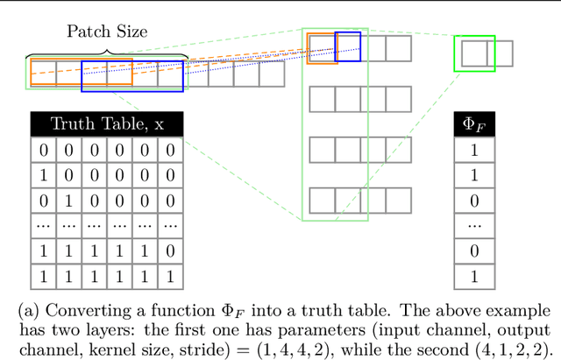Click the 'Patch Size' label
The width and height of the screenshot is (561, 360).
point(106,31)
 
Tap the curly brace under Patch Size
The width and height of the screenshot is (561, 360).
point(108,53)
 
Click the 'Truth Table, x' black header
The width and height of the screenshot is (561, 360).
point(107,124)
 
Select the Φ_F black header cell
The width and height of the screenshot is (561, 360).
point(474,124)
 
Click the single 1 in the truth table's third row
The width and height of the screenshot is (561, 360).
point(69,200)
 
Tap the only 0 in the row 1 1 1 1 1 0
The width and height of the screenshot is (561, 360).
point(170,251)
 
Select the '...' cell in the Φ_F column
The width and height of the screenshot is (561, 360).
point(474,225)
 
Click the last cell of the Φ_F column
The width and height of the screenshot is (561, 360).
point(474,276)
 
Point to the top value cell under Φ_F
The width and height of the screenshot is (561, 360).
point(474,150)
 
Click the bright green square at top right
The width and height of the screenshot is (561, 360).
point(474,53)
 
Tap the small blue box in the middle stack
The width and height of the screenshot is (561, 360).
point(348,46)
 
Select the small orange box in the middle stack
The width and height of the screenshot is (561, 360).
point(322,48)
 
